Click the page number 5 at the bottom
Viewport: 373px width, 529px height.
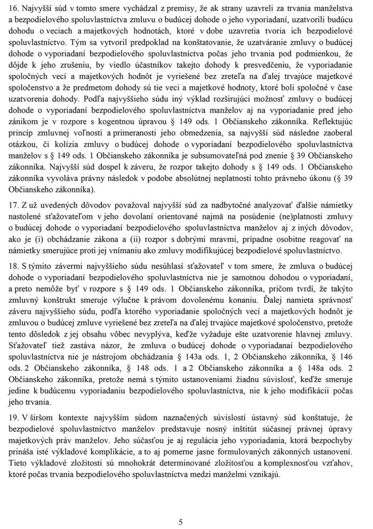coord(181,522)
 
